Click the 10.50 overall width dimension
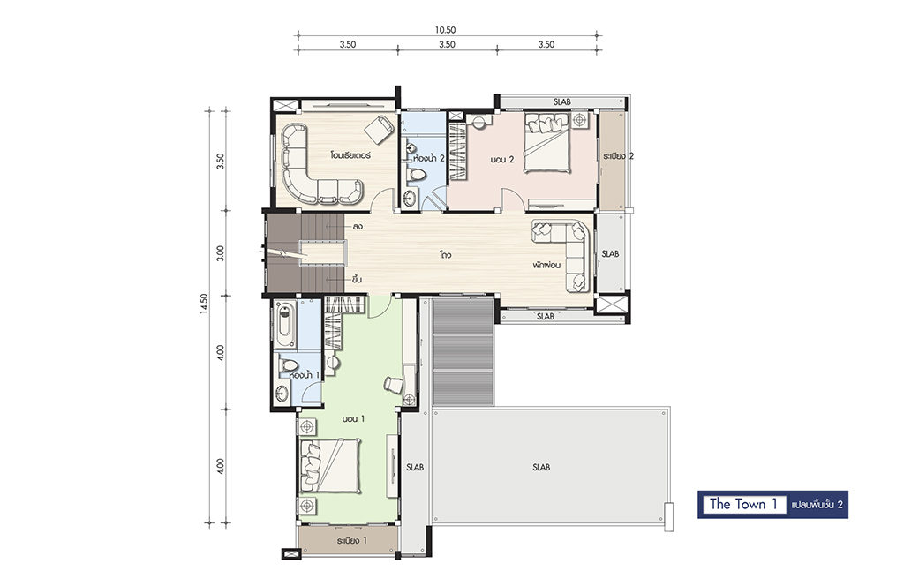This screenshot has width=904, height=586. pos(446,31)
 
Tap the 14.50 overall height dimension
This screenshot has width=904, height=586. pos(204,304)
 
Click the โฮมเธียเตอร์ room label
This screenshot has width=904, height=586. pos(350,155)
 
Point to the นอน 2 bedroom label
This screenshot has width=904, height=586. pos(502,159)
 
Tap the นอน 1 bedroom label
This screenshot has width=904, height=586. pos(353,419)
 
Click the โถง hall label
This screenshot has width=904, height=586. pos(445,253)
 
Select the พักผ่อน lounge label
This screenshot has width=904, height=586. pos(546,265)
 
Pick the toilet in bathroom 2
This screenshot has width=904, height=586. pos(417,174)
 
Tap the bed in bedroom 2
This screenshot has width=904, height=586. pos(546,142)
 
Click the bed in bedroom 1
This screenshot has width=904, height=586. pos(330,465)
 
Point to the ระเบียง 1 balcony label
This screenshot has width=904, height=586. pos(351,541)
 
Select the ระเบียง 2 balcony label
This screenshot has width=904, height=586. pos(619,156)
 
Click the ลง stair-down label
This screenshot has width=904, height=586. pos(358,227)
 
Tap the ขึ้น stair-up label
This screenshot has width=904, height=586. pos(357,280)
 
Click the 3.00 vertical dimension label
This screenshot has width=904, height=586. pos(220,253)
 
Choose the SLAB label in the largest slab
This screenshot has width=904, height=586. pos(541,467)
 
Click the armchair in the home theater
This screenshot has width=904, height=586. pos(378,129)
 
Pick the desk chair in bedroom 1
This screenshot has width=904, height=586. pos(394,384)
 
